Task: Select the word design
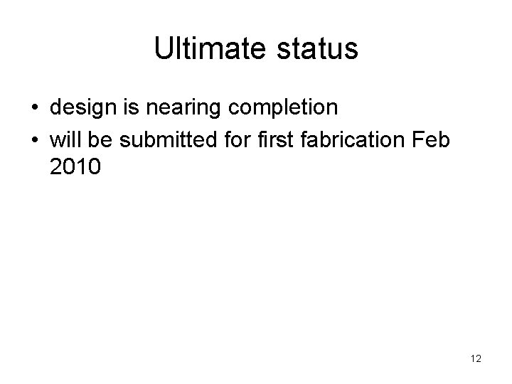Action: point(82,109)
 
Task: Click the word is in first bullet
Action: point(129,109)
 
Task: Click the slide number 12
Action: point(476,359)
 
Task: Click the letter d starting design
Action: point(56,109)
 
